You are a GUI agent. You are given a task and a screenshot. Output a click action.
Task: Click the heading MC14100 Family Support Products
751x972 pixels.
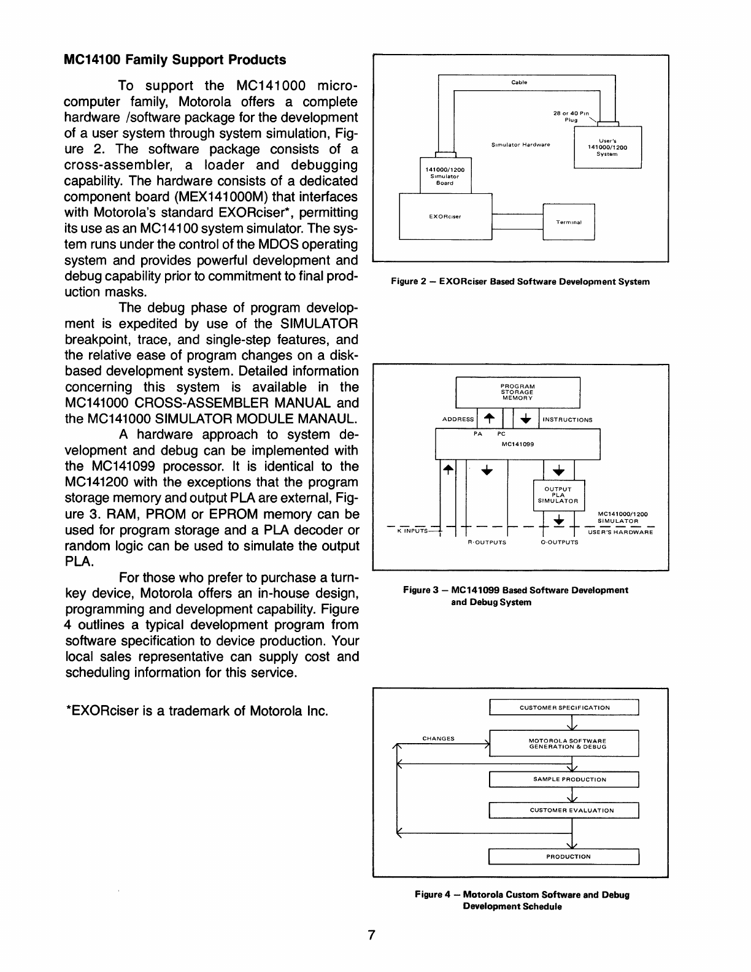[x=175, y=60]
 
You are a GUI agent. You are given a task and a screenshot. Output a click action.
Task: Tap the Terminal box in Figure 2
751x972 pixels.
[x=568, y=222]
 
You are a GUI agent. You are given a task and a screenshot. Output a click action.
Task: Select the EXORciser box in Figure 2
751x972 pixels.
[x=445, y=216]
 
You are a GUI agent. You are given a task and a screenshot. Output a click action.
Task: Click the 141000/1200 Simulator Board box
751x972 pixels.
[x=445, y=176]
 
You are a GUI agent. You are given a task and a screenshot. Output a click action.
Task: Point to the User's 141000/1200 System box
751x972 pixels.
[x=607, y=147]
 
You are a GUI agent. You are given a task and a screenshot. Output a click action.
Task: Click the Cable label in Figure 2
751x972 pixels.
[x=519, y=82]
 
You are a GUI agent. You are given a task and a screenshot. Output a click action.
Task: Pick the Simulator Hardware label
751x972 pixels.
[x=521, y=145]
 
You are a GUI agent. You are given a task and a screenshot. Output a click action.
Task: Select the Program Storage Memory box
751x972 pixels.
[x=517, y=392]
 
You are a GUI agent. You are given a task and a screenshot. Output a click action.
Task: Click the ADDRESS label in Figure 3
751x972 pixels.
[x=458, y=420]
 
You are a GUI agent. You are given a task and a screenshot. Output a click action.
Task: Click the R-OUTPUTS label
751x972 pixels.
[x=487, y=542]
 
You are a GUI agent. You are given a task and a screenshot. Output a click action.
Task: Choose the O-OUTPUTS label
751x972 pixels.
[x=559, y=542]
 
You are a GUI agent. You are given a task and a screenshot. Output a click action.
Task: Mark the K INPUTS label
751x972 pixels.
[x=412, y=531]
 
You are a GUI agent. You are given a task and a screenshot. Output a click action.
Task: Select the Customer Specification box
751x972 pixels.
[x=564, y=708]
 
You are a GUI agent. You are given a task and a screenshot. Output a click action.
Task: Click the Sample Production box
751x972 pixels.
[x=564, y=779]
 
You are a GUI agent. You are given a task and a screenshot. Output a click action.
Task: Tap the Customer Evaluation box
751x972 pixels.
[x=564, y=810]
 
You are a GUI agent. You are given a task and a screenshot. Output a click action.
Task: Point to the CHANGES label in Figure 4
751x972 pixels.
[x=438, y=738]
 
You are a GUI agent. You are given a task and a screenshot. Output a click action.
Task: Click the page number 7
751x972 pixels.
[x=371, y=935]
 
